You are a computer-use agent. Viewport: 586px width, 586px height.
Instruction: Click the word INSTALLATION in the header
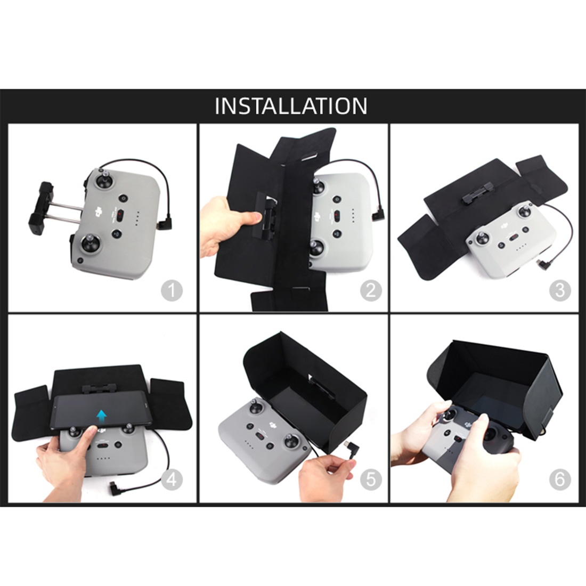[x=291, y=106]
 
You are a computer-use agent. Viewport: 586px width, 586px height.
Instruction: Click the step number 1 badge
[x=172, y=290]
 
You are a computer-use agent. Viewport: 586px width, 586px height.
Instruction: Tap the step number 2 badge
[x=371, y=290]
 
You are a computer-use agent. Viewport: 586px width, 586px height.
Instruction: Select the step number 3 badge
[x=560, y=290]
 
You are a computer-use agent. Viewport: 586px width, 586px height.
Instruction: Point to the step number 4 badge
[x=172, y=479]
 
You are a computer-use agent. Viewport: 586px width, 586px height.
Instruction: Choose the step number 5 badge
[x=371, y=479]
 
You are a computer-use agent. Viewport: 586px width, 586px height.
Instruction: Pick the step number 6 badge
[x=560, y=479]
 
